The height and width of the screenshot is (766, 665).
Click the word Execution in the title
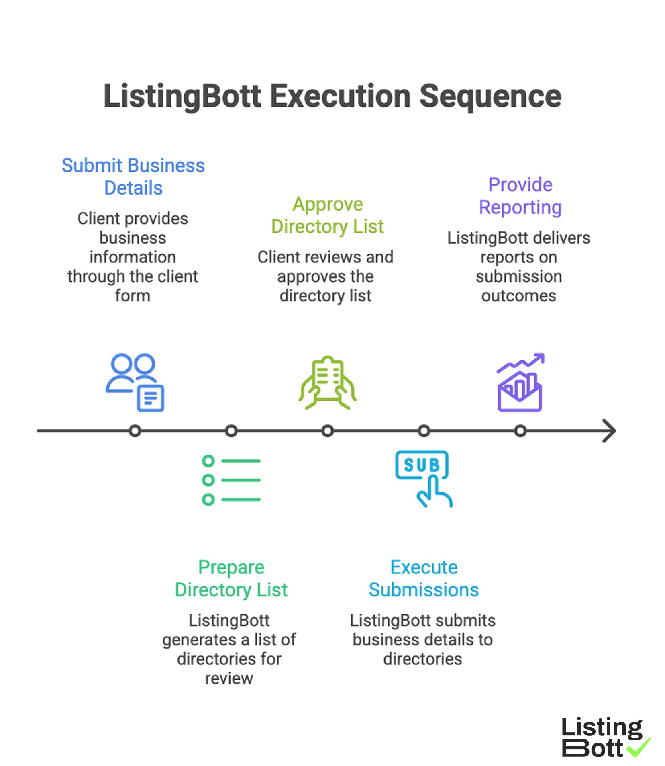click(340, 96)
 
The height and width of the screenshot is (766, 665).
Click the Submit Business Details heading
click(133, 176)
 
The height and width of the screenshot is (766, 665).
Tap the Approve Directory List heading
click(327, 215)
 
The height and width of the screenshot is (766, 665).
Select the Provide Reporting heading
click(520, 196)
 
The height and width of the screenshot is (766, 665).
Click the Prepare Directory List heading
click(231, 578)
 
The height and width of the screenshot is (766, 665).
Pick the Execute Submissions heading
click(424, 578)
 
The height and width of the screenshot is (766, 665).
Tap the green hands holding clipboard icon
click(327, 383)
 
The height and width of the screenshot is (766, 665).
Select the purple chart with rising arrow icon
click(520, 383)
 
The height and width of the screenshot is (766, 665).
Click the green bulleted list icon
click(231, 480)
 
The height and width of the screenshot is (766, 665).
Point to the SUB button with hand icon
click(423, 478)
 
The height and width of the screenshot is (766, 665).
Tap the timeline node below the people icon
click(135, 431)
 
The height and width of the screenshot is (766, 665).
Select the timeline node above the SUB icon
click(424, 431)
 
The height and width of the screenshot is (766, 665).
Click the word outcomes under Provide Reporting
click(518, 296)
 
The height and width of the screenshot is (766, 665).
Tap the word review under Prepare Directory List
click(229, 678)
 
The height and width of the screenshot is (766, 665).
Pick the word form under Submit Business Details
click(133, 296)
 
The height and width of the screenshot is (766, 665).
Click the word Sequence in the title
click(490, 96)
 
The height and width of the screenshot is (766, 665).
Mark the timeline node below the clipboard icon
click(327, 431)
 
